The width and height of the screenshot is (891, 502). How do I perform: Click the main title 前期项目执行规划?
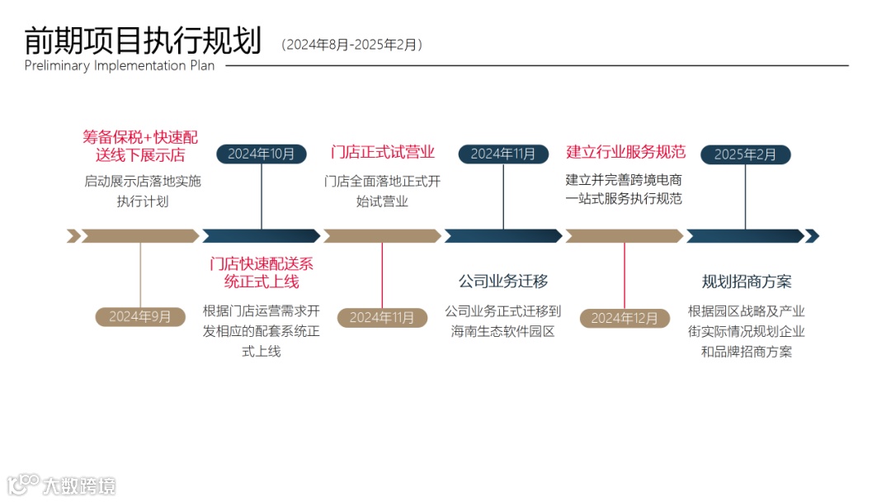click(x=142, y=40)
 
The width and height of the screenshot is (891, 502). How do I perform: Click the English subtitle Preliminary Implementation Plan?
click(x=119, y=66)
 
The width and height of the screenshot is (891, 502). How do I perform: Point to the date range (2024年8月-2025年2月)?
click(x=352, y=45)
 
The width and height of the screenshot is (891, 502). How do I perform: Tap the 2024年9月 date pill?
click(x=139, y=316)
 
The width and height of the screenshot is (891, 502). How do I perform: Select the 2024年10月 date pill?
click(x=261, y=154)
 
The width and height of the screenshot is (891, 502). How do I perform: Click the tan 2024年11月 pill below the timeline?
click(x=382, y=317)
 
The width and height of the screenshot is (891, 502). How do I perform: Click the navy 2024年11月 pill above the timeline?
click(x=503, y=154)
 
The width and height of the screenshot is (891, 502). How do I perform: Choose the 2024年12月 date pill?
click(x=625, y=318)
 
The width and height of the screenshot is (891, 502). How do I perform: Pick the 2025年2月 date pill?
click(x=745, y=154)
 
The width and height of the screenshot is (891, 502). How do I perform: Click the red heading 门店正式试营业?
click(x=383, y=152)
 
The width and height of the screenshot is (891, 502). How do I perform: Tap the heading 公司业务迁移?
click(x=503, y=282)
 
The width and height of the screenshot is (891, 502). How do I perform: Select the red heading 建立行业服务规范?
click(x=625, y=152)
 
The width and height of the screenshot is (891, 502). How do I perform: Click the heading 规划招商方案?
click(x=747, y=282)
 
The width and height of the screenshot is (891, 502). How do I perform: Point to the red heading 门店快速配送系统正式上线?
click(x=262, y=272)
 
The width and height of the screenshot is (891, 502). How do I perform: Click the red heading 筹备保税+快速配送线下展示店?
click(x=140, y=145)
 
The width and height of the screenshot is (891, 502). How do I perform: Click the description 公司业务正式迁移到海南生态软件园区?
click(x=503, y=321)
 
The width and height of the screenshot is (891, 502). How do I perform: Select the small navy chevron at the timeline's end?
click(x=812, y=236)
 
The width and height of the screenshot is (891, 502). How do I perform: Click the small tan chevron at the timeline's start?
click(x=73, y=236)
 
